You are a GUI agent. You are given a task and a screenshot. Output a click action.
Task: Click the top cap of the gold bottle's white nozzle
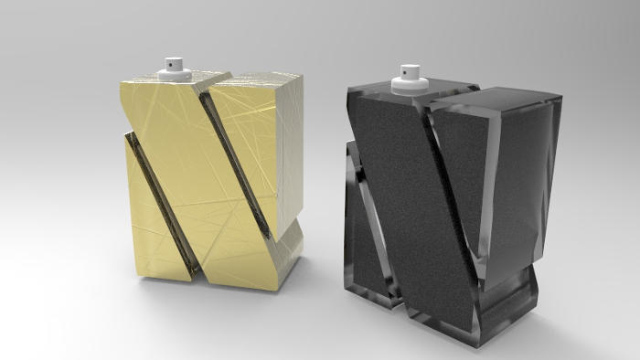(x=175, y=63)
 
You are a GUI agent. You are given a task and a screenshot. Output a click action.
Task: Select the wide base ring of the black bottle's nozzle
(x=407, y=85)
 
